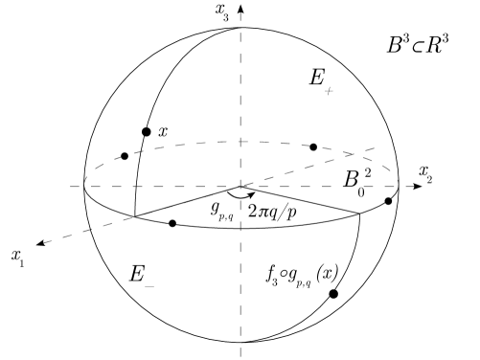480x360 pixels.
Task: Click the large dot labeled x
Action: click(146, 131)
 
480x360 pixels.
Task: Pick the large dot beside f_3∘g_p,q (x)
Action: click(333, 293)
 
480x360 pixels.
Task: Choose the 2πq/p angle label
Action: click(283, 212)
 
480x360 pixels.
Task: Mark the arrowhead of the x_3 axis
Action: click(241, 9)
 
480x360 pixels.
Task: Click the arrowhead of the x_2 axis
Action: click(414, 187)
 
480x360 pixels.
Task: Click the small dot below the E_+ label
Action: click(313, 147)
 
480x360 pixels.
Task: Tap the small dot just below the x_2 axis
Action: click(388, 201)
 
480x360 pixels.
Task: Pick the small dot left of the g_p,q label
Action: click(172, 224)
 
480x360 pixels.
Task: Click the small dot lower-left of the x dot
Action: click(125, 156)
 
